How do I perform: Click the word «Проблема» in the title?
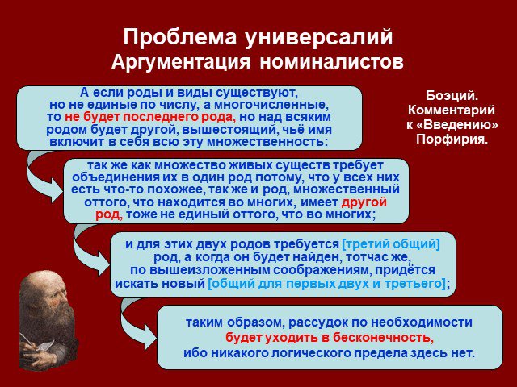pos(180,37)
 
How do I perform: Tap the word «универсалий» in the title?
pos(319,38)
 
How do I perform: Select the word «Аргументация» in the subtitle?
pos(181,62)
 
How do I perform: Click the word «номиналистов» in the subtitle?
pos(332,61)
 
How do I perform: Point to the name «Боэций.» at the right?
pos(452,96)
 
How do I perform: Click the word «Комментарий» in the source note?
pos(452,110)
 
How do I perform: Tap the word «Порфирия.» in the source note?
pos(452,139)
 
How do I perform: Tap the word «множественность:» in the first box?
pos(267,142)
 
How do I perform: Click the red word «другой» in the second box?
pos(364,202)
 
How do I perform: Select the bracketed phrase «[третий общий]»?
pos(391,244)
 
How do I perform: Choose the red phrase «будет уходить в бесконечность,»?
pos(330,338)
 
